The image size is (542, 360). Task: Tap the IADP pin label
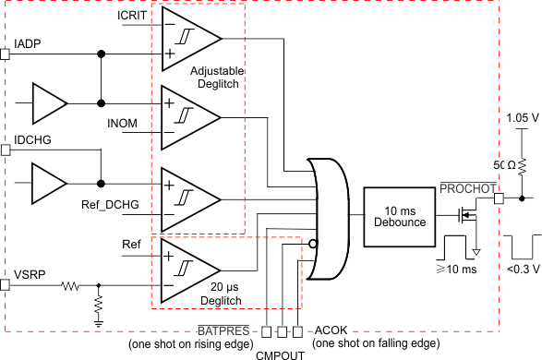(27, 43)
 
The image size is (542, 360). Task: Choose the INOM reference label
(124, 123)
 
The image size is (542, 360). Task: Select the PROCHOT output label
(467, 188)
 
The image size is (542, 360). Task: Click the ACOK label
(330, 330)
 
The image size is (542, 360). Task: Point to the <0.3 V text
(521, 270)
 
